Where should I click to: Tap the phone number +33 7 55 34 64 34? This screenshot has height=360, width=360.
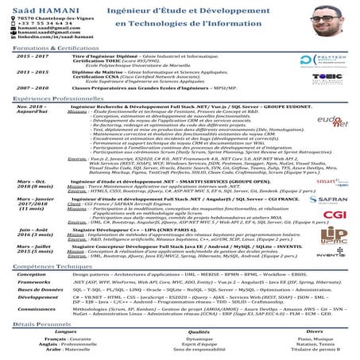(35, 23)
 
